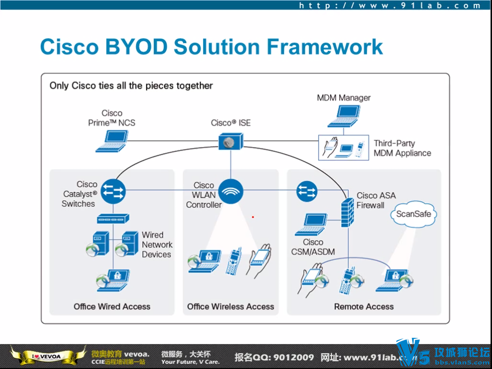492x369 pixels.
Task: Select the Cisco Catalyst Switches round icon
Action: pyautogui.click(x=113, y=191)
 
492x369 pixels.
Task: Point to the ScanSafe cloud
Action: pyautogui.click(x=413, y=214)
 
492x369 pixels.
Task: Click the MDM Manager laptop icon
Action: pyautogui.click(x=344, y=116)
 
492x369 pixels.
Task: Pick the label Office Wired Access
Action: pyautogui.click(x=112, y=307)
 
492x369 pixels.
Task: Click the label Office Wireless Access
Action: pyautogui.click(x=231, y=307)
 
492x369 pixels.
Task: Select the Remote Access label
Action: pyautogui.click(x=364, y=307)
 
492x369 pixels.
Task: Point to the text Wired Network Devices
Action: pyautogui.click(x=157, y=245)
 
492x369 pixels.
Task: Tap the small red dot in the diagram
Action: pyautogui.click(x=253, y=217)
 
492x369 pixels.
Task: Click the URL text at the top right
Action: pyautogui.click(x=390, y=6)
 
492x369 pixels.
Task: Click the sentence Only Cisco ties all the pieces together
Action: pyautogui.click(x=131, y=86)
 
